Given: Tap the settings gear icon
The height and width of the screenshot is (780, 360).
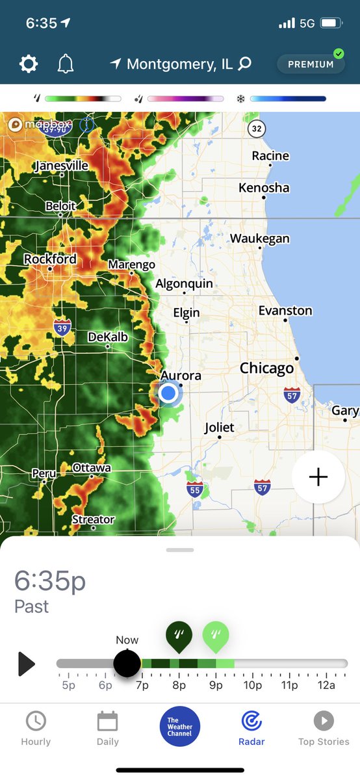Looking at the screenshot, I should click(x=29, y=64).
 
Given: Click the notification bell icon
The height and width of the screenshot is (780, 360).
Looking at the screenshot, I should click(x=66, y=64).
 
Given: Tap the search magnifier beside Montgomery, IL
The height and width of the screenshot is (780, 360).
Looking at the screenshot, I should click(x=244, y=64).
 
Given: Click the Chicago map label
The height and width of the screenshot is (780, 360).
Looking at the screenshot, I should click(x=266, y=369).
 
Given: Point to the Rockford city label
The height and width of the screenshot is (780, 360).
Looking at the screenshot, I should click(x=50, y=259).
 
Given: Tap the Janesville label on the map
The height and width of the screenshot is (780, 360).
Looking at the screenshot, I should click(x=61, y=166).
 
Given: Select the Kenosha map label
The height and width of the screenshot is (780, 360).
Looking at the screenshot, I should click(x=264, y=188).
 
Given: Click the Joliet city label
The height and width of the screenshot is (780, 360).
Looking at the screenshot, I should click(x=219, y=428).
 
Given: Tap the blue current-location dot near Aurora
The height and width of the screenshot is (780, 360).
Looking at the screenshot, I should click(x=168, y=393).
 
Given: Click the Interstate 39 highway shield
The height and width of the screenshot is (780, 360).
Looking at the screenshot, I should click(x=62, y=326).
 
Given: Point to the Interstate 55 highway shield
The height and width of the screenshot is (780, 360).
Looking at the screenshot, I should click(x=194, y=488).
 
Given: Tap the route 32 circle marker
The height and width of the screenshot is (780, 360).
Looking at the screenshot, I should click(x=257, y=129).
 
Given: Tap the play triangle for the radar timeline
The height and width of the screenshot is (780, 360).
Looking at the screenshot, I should click(x=26, y=664).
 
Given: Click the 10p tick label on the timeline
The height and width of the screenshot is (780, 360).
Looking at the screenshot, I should click(x=253, y=685).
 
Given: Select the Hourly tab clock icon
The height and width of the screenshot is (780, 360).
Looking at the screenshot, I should click(x=36, y=721).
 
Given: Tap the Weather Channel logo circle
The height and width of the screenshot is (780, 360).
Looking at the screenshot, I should click(x=180, y=726).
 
